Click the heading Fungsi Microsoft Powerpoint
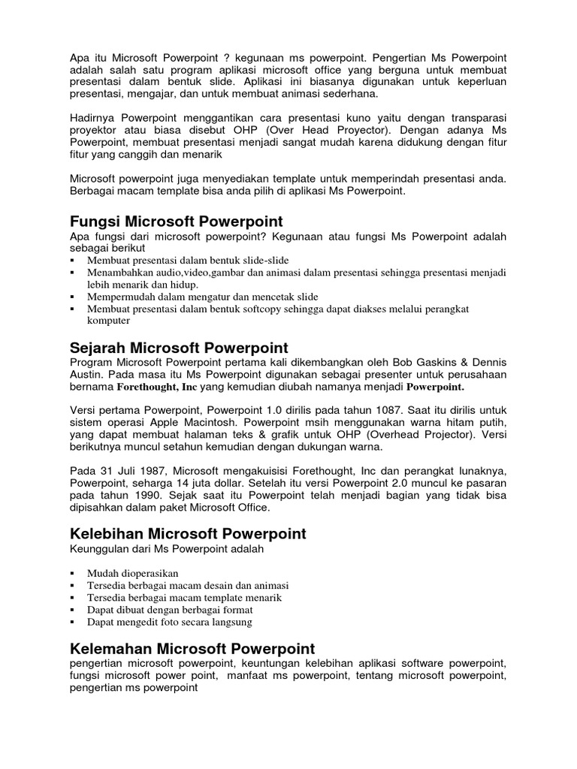click(176, 221)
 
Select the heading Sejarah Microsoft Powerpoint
click(178, 348)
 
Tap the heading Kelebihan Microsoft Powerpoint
click(187, 534)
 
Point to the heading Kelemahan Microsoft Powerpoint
click(192, 648)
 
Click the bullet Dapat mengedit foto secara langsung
click(169, 622)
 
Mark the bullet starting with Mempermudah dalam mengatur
click(203, 297)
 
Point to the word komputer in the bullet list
click(109, 320)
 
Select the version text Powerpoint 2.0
click(332, 483)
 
